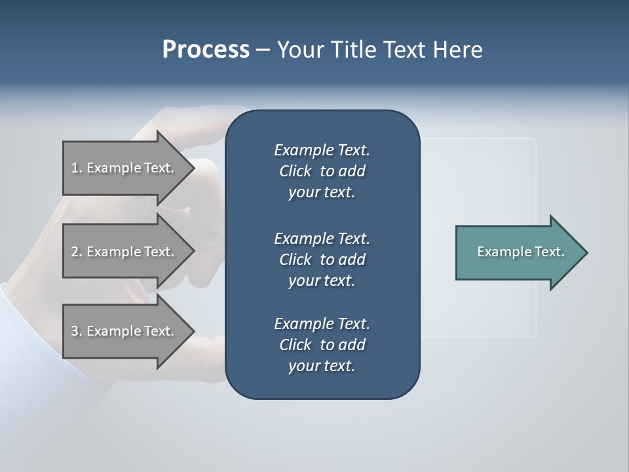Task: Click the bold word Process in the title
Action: pyautogui.click(x=206, y=50)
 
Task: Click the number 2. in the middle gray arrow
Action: pyautogui.click(x=77, y=252)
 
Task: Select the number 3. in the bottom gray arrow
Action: pyautogui.click(x=77, y=331)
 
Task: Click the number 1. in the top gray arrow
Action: pyautogui.click(x=76, y=168)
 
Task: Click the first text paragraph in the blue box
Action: pyautogui.click(x=322, y=171)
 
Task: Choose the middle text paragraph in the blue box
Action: pyautogui.click(x=322, y=260)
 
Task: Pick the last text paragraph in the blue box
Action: pyautogui.click(x=322, y=345)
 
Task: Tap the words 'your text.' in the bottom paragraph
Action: pyautogui.click(x=322, y=366)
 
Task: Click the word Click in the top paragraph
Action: pyautogui.click(x=295, y=171)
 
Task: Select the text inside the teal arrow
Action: pyautogui.click(x=520, y=252)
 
